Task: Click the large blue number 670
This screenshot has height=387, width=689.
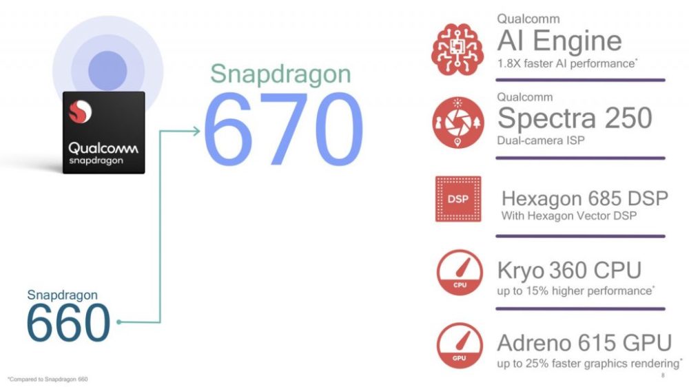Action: tap(283, 129)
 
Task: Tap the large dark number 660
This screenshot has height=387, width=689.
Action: tap(68, 322)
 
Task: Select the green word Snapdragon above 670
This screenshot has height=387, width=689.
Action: tap(280, 74)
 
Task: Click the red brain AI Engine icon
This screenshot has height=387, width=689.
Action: tap(457, 49)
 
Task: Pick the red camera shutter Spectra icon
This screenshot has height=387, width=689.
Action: tap(458, 123)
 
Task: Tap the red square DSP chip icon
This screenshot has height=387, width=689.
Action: tap(458, 199)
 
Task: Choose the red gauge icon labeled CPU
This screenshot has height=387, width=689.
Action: tap(460, 273)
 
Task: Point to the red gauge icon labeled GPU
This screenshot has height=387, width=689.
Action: tap(460, 345)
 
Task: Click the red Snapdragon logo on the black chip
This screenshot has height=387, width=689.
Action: tap(80, 112)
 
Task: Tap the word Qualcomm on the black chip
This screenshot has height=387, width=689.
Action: tap(103, 148)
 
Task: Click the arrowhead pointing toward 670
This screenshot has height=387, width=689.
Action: tap(195, 131)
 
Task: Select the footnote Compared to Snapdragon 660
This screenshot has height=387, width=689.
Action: tap(48, 379)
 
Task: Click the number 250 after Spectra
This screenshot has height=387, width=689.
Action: tap(628, 118)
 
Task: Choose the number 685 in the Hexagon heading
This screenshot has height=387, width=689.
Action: tap(597, 198)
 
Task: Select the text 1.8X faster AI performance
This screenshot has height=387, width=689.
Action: tap(566, 63)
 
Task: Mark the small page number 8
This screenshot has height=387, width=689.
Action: tap(663, 375)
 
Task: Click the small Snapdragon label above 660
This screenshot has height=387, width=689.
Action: tap(62, 295)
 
